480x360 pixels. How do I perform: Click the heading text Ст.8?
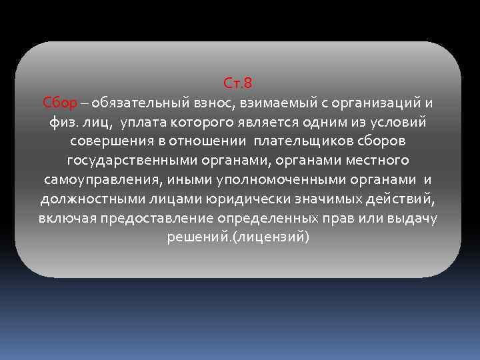click(x=238, y=84)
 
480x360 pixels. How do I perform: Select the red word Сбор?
click(x=61, y=103)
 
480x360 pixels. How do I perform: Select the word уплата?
click(x=144, y=123)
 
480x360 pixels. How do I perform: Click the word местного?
click(x=378, y=161)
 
